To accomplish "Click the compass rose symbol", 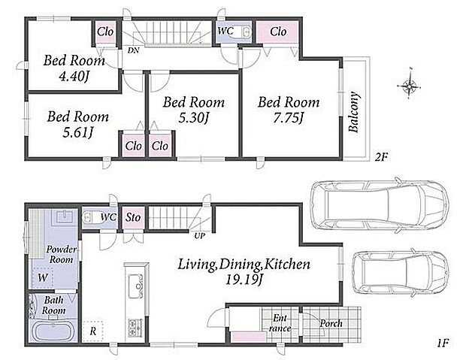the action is [x=409, y=86].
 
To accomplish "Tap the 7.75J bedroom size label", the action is [x=288, y=119].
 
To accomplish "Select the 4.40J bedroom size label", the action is [x=74, y=77].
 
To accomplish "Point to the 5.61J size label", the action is [x=78, y=132].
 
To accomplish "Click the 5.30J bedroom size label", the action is [x=193, y=118].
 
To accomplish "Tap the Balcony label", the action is [x=354, y=112].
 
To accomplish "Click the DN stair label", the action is [x=134, y=50].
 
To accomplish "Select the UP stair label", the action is [x=199, y=236].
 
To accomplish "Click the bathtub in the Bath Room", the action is [x=53, y=331].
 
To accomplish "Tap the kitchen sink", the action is [x=135, y=286].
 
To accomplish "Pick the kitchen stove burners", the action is [x=135, y=328].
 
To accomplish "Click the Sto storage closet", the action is [x=133, y=218].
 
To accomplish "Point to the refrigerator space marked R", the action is [x=92, y=331].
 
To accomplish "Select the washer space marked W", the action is [x=43, y=277].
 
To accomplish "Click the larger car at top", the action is [x=379, y=204].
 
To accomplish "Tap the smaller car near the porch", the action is [x=401, y=272].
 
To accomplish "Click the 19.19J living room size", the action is [x=244, y=280].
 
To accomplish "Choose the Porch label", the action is [x=331, y=323].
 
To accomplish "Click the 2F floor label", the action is [x=381, y=156].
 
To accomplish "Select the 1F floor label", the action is [x=443, y=343].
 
